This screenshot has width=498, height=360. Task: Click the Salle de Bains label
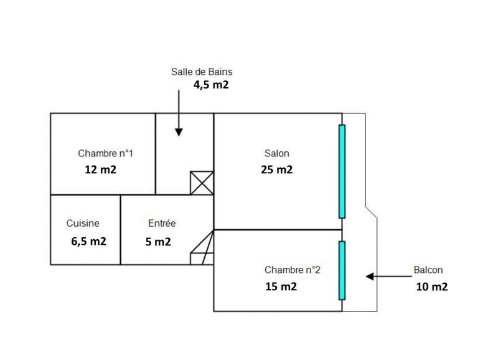202,72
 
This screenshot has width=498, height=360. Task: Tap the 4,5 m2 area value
204,85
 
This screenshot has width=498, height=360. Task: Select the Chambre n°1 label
106,153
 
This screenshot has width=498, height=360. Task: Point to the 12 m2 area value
101,169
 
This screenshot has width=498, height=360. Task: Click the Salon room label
277,153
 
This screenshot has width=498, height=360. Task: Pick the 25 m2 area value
277,169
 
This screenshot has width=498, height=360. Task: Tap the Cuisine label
83,224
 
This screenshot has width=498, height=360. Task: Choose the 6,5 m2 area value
88,241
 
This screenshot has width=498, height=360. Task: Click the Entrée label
162,224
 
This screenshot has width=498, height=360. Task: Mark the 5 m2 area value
158,242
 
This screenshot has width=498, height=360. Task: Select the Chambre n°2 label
293,270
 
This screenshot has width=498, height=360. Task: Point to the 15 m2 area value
280,287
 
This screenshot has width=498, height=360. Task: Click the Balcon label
428,270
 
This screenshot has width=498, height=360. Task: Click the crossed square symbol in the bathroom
202,183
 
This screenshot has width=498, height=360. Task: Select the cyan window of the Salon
341,171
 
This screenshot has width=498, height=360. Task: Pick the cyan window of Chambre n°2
341,270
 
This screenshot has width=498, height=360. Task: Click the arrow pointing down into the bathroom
179,112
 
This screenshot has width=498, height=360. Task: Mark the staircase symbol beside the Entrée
202,248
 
